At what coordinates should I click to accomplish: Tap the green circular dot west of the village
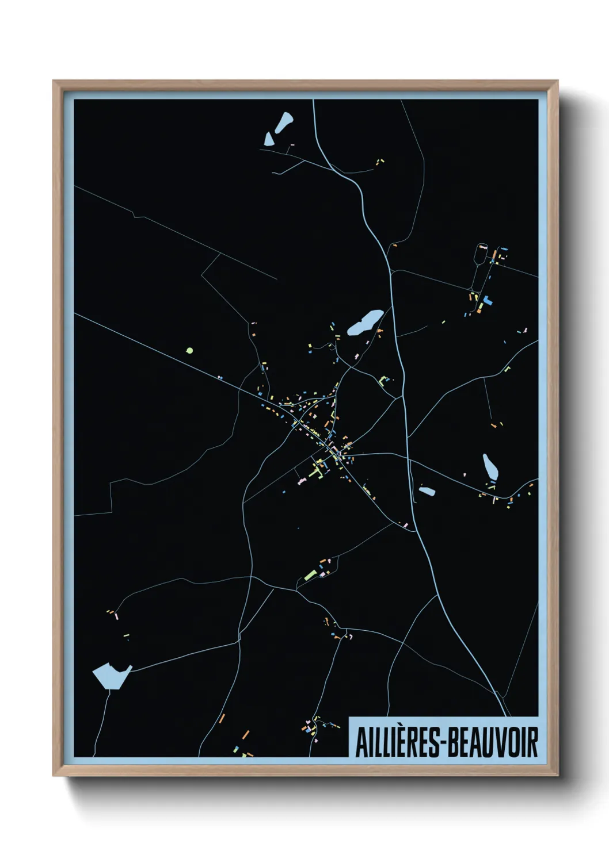pyautogui.click(x=189, y=350)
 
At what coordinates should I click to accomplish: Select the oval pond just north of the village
pyautogui.click(x=365, y=323)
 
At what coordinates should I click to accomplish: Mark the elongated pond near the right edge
pyautogui.click(x=490, y=466)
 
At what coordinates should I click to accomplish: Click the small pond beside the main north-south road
pyautogui.click(x=427, y=491)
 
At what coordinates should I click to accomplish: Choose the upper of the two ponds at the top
pyautogui.click(x=284, y=121)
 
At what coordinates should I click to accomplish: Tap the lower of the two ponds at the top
pyautogui.click(x=269, y=139)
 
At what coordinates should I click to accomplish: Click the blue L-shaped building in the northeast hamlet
pyautogui.click(x=487, y=300)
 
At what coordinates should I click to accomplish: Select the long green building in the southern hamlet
pyautogui.click(x=310, y=574)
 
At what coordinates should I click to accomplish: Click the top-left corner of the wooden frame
pyautogui.click(x=54, y=82)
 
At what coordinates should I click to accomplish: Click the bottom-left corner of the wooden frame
pyautogui.click(x=54, y=775)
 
